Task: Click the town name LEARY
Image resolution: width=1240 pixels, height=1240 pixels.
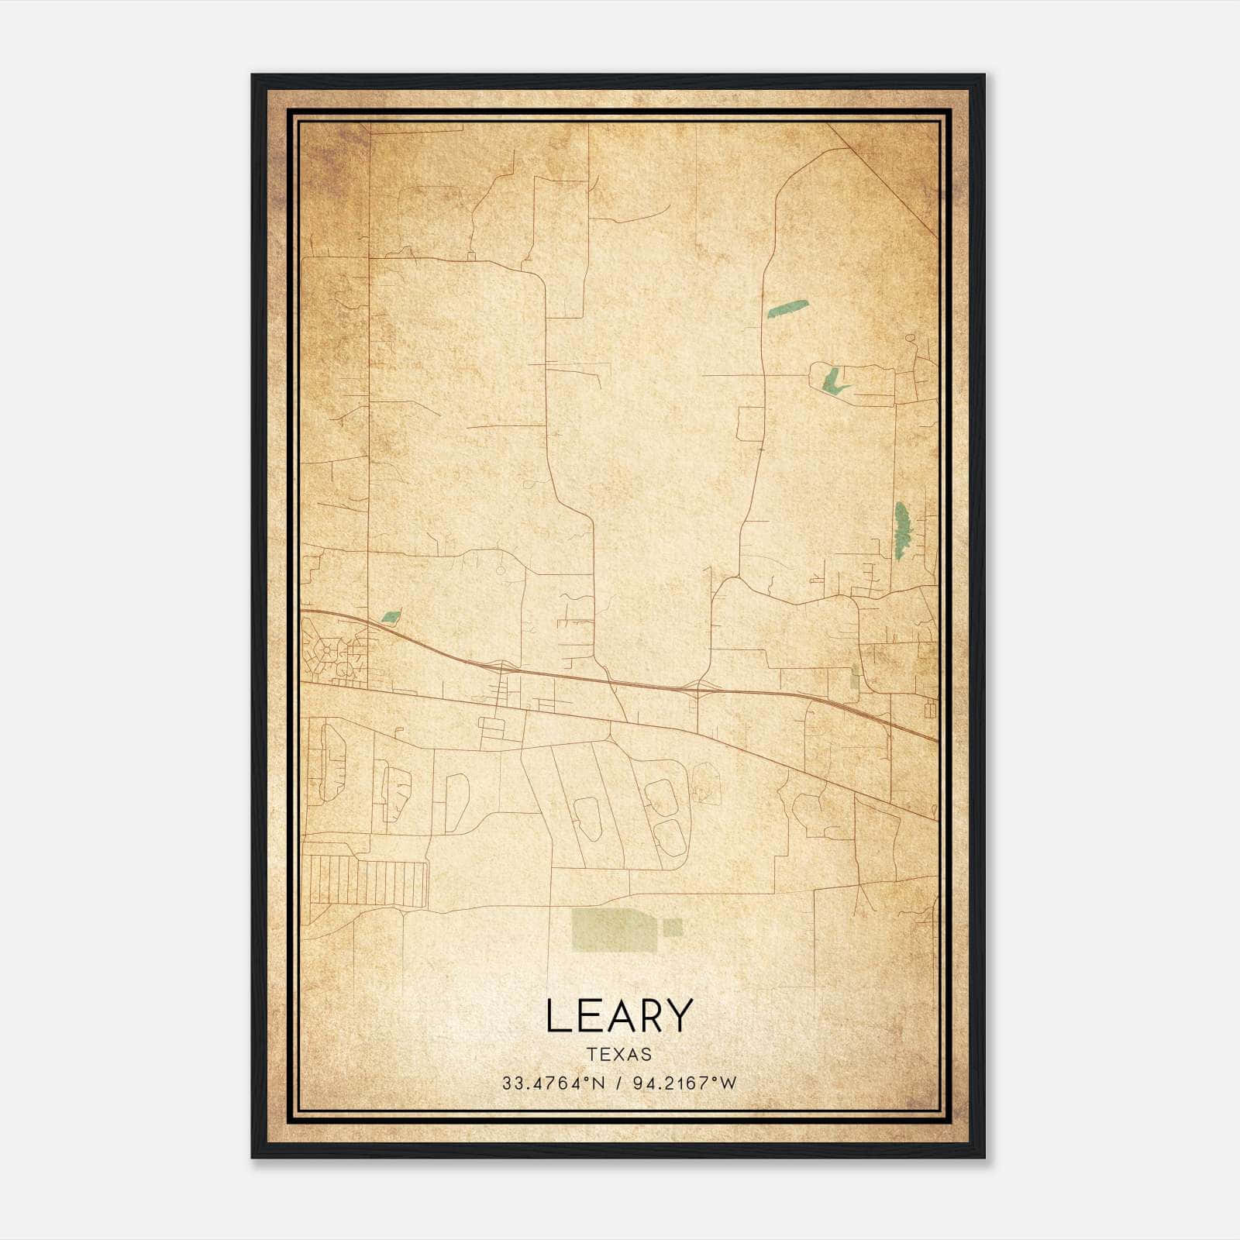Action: point(618,1016)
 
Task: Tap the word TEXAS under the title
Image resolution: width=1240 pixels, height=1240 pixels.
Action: point(619,1054)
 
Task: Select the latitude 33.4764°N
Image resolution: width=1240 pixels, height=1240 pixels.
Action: point(552,1083)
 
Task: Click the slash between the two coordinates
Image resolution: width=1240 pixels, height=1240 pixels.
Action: point(618,1083)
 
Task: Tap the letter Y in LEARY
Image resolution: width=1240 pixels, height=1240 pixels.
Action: point(677,1016)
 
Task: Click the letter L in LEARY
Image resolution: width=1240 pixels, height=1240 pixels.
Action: point(557,1016)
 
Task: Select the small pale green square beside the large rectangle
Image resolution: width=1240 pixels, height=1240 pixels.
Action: point(673,927)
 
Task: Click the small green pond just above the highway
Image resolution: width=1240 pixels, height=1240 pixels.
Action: point(391,617)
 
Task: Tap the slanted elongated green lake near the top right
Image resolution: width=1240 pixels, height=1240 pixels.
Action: point(787,308)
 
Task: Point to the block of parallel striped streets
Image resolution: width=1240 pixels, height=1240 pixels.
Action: point(368,882)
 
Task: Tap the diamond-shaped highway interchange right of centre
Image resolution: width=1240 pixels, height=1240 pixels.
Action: point(697,688)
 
